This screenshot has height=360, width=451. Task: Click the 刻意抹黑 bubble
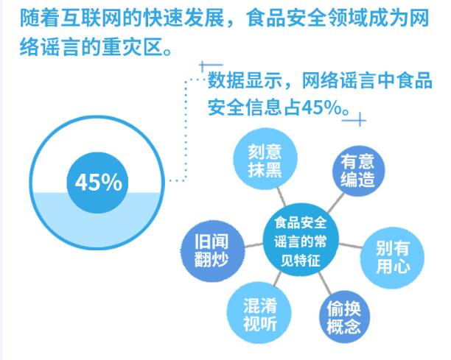[265, 160]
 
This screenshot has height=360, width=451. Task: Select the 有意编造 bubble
[358, 170]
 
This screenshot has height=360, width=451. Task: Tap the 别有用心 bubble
[392, 258]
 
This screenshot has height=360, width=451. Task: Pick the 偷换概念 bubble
[344, 317]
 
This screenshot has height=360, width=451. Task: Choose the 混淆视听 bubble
[259, 313]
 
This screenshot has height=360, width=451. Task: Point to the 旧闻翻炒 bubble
[212, 250]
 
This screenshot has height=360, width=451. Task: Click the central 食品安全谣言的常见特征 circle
[301, 241]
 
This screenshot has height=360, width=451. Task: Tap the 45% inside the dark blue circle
[98, 182]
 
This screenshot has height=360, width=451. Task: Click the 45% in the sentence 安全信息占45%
[323, 107]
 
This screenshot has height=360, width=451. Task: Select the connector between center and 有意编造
[335, 203]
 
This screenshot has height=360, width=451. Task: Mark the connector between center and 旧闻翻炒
[254, 245]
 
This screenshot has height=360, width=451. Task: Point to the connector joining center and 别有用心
[350, 245]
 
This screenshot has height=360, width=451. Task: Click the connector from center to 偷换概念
[325, 283]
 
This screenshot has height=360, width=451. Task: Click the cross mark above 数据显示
[210, 66]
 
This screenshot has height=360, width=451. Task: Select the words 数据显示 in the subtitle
[245, 81]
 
